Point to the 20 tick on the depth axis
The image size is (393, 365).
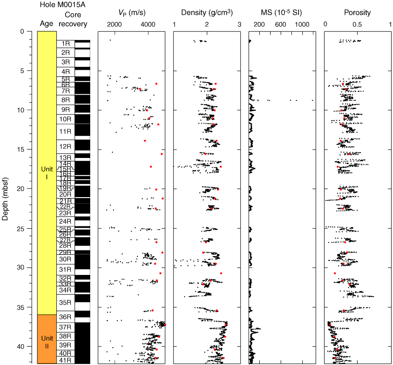pos(27,189)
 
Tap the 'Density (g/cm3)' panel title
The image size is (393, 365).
pos(206,13)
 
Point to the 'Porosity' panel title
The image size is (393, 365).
pos(358,13)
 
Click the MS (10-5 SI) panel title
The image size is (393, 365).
pos(282,13)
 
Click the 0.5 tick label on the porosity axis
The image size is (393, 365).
pos(358,24)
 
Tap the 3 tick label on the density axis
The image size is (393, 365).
pos(239,24)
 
